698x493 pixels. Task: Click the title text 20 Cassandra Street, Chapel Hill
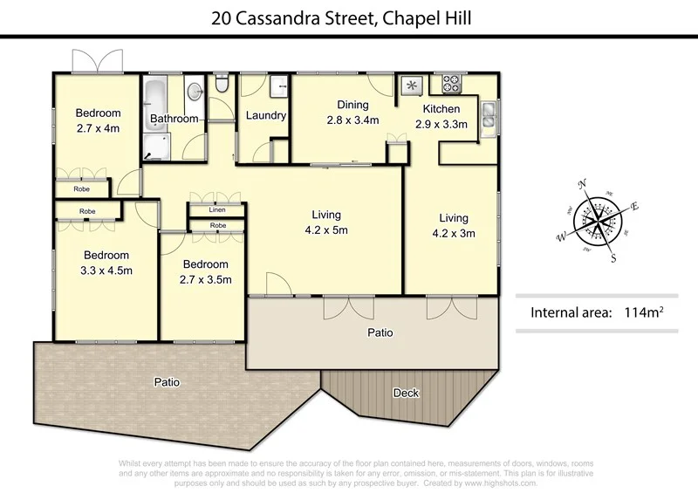coord(348,16)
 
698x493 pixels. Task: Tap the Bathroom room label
coord(174,119)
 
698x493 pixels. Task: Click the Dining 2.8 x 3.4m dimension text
coord(352,120)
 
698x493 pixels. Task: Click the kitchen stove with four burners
coord(451,85)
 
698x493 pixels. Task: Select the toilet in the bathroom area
coord(221,86)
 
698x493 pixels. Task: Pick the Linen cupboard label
coord(217,210)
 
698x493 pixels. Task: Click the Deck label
coord(406,393)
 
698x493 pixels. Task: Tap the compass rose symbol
coord(599,219)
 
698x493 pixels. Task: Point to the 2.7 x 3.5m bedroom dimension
coord(205,278)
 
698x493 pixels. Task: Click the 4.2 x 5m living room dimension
coord(325,230)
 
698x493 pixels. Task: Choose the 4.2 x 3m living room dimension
coord(453,233)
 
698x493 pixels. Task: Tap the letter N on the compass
coord(583,184)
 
